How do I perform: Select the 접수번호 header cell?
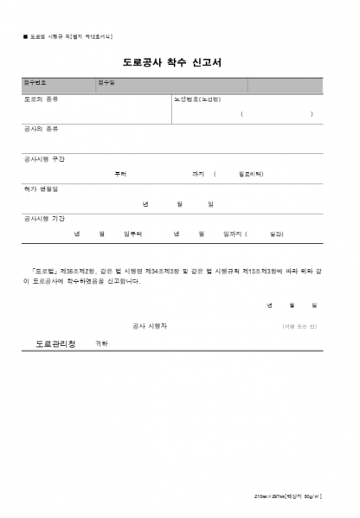(x=35, y=84)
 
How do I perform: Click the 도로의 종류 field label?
(x=41, y=99)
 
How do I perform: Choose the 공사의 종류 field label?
(x=41, y=128)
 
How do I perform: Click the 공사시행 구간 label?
(x=44, y=158)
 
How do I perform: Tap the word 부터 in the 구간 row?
(x=120, y=173)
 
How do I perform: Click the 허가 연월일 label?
(x=41, y=189)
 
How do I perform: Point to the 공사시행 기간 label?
(x=44, y=219)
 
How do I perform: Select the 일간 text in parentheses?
(x=276, y=233)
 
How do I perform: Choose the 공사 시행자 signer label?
(x=150, y=326)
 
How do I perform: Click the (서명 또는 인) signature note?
(x=299, y=326)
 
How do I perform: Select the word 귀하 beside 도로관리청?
(x=101, y=343)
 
